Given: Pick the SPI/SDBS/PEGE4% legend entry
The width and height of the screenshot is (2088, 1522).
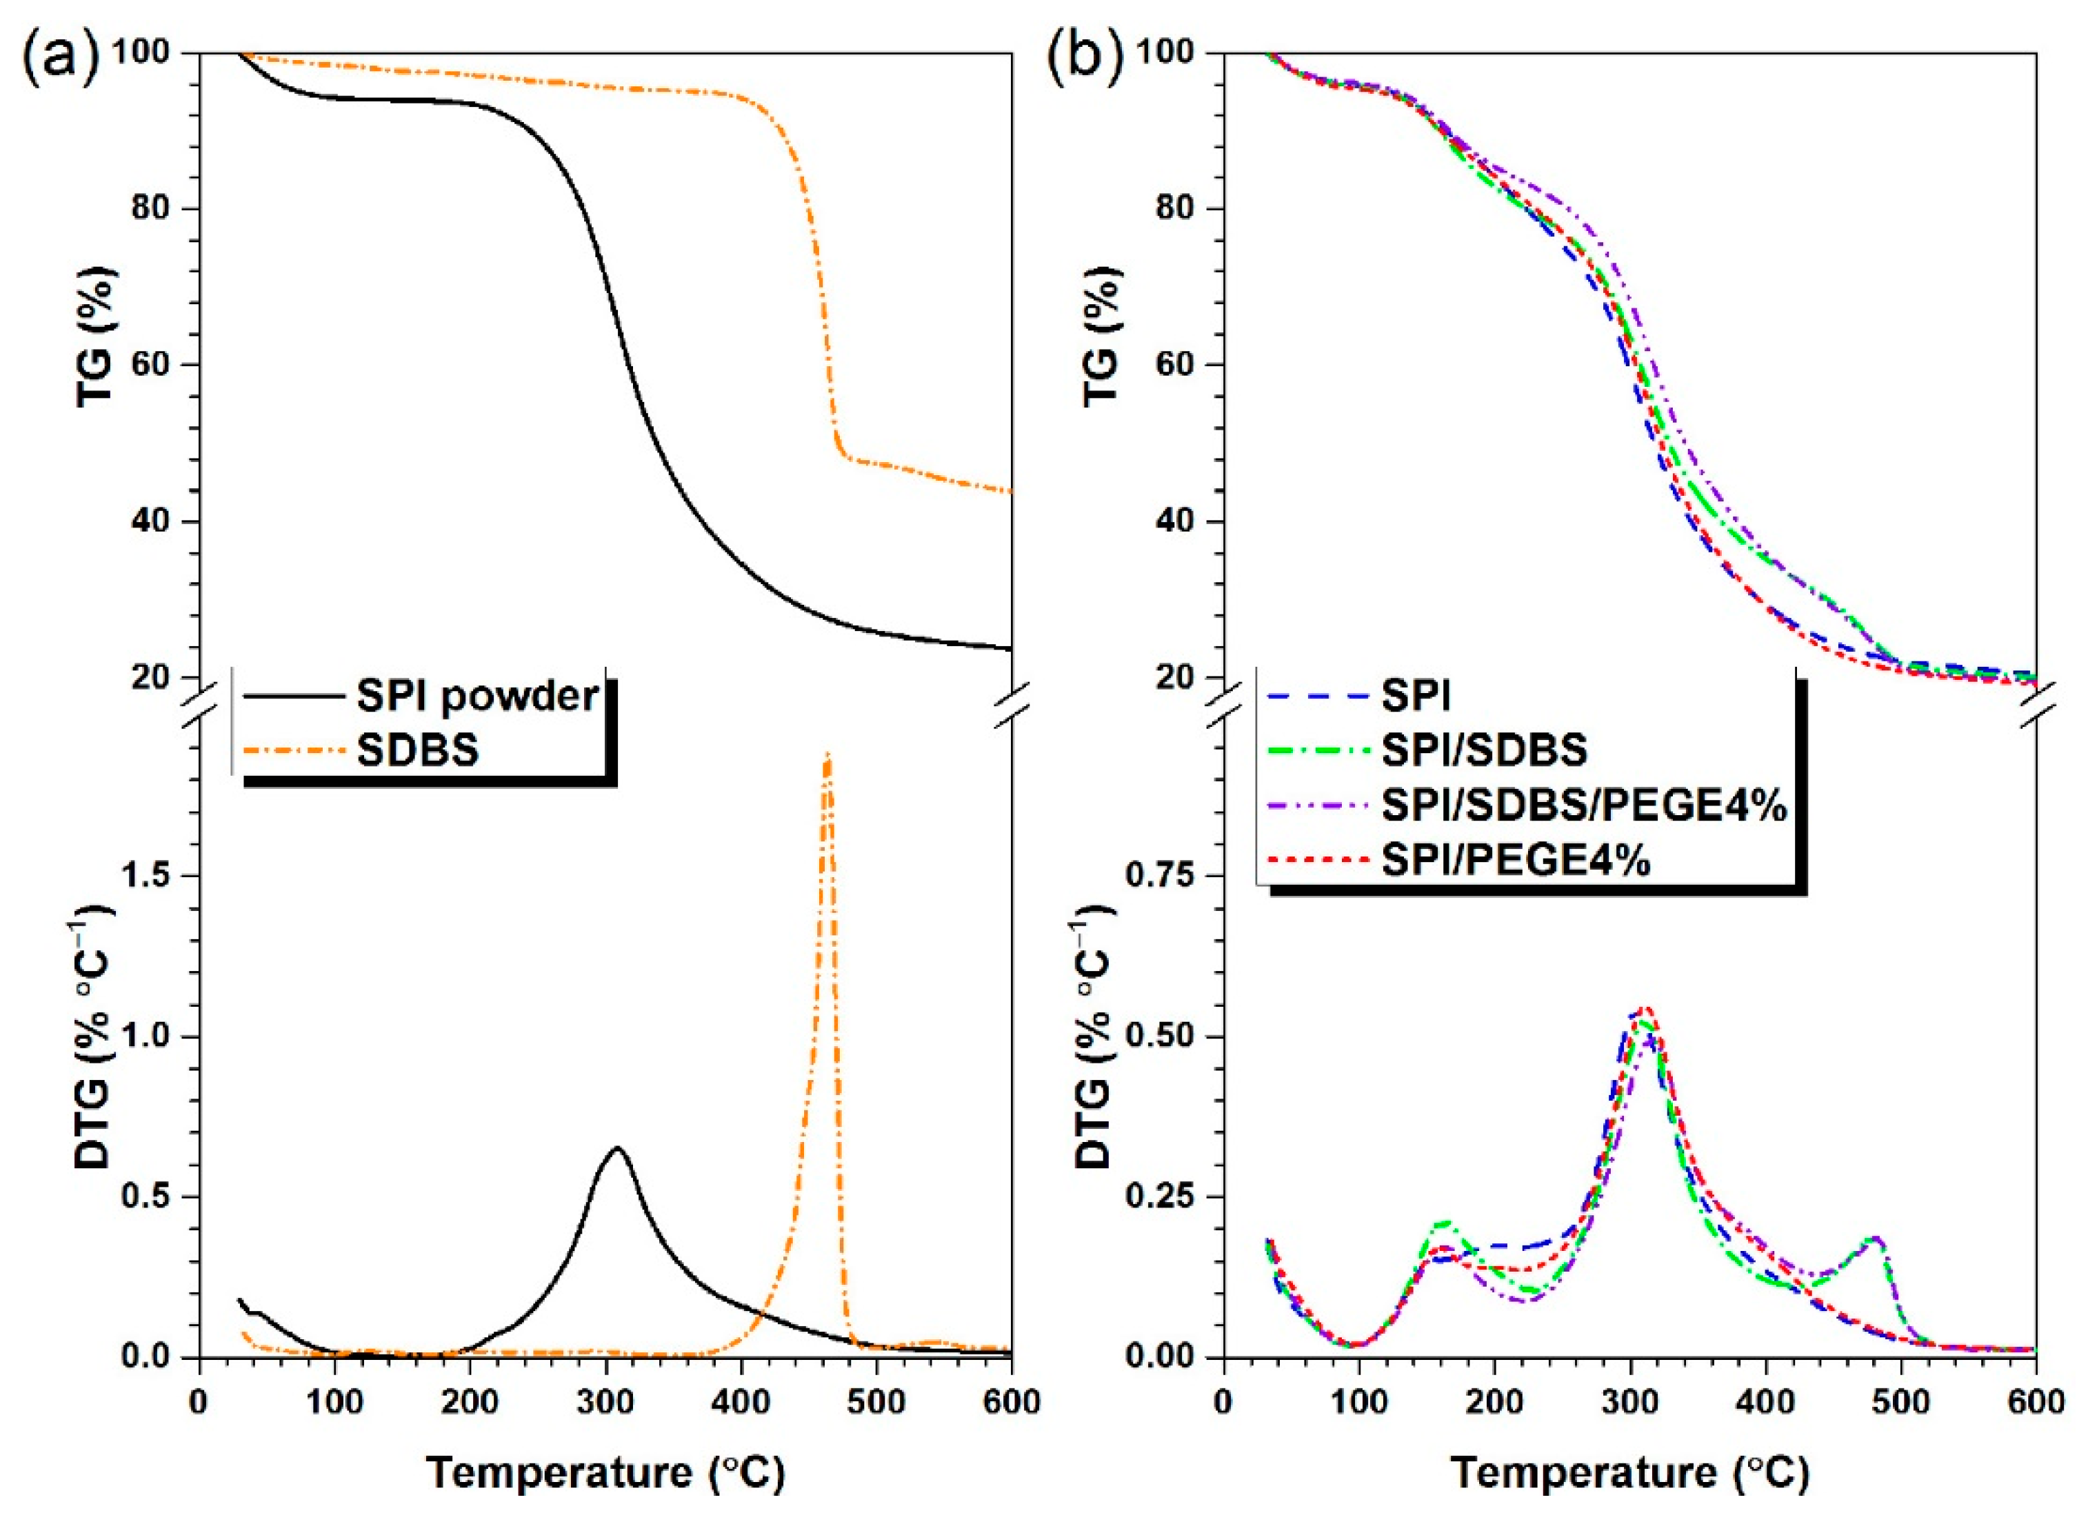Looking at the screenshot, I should pyautogui.click(x=1583, y=806).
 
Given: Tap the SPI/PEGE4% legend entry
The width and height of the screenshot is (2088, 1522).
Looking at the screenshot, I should pyautogui.click(x=1515, y=861).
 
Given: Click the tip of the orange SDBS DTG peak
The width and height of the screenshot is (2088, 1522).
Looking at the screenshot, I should pyautogui.click(x=827, y=754).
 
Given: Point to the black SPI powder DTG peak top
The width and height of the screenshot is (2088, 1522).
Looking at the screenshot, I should pyautogui.click(x=617, y=1148).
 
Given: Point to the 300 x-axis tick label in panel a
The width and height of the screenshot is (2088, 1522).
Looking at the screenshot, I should pyautogui.click(x=605, y=1402).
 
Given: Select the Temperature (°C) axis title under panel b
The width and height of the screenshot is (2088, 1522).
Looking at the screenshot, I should pyautogui.click(x=1630, y=1472).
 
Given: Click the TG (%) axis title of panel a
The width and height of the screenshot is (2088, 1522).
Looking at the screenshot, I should pyautogui.click(x=96, y=337).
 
